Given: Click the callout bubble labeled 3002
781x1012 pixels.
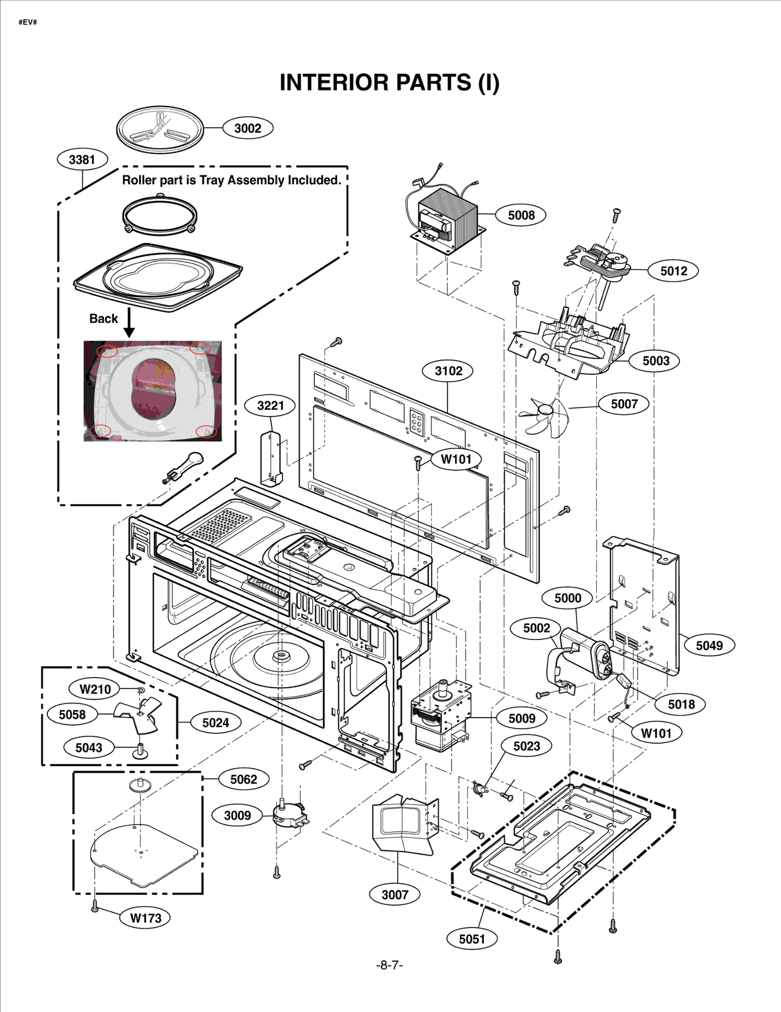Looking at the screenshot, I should [247, 128].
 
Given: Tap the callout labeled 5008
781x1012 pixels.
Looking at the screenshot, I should [521, 215].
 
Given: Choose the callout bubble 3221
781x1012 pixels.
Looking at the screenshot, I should [270, 405].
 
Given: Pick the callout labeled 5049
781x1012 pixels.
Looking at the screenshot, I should [709, 645].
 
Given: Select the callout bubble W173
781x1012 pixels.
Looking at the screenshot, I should [145, 918].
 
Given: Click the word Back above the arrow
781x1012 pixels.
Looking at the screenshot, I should [103, 319].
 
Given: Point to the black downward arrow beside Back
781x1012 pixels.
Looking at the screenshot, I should [129, 323].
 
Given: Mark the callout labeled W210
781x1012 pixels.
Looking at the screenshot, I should [95, 689].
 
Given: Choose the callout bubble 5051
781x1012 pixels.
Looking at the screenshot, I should [472, 939].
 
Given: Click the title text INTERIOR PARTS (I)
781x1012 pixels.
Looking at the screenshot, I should [390, 83].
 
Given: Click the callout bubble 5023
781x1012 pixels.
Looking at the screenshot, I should [527, 746].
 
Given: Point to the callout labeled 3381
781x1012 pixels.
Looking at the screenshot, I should [82, 160].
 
